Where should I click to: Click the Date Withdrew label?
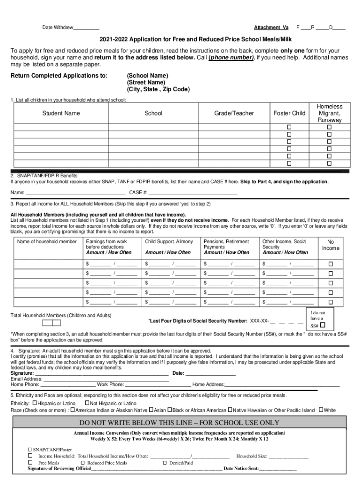pyautogui.click(x=58, y=28)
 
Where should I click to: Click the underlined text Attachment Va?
pyautogui.click(x=271, y=28)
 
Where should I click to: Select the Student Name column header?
pyautogui.click(x=61, y=113)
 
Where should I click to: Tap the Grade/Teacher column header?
pyautogui.click(x=234, y=113)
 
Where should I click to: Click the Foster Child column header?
pyautogui.click(x=289, y=113)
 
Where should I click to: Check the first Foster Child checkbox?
pyautogui.click(x=289, y=127)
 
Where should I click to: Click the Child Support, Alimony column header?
pyautogui.click(x=169, y=242)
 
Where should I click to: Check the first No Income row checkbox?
pyautogui.click(x=331, y=264)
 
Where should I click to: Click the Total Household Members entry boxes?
pyautogui.click(x=51, y=323)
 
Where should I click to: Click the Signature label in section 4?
pyautogui.click(x=22, y=373)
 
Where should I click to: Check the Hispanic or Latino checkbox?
pyautogui.click(x=35, y=403)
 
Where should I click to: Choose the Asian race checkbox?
pyautogui.click(x=151, y=410)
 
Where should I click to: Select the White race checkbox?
pyautogui.click(x=321, y=410)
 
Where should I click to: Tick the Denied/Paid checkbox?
pyautogui.click(x=165, y=463)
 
